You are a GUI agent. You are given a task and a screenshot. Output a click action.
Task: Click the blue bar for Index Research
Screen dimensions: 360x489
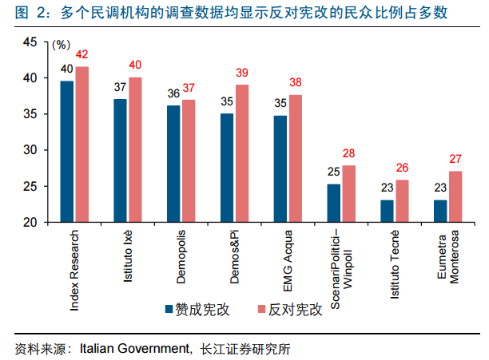[x=68, y=152]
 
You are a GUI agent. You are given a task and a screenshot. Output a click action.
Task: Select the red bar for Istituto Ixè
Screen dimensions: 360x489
[x=135, y=150]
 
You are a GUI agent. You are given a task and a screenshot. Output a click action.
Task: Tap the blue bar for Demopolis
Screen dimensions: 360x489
[x=173, y=164]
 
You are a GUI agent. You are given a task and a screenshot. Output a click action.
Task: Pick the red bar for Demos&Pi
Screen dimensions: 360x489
[x=242, y=153]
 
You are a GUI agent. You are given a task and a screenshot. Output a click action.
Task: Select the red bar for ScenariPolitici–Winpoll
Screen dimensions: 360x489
[x=348, y=194]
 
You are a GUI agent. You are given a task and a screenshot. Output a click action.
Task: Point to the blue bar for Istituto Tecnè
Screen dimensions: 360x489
[x=387, y=211]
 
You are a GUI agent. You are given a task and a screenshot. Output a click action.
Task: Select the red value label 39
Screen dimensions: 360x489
[x=242, y=73]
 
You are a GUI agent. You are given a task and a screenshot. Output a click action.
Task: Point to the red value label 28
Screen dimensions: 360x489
[x=348, y=153]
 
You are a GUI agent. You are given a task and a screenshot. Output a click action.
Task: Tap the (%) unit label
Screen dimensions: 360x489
[x=61, y=45]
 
